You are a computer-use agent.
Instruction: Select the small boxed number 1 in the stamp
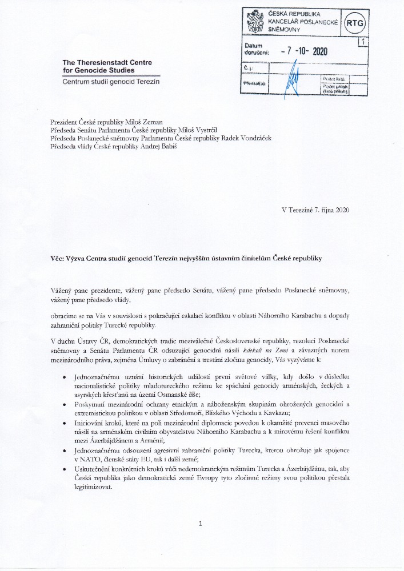click(x=362, y=41)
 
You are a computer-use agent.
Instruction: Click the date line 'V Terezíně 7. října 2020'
click(x=315, y=210)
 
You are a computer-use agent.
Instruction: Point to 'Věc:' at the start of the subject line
click(x=58, y=258)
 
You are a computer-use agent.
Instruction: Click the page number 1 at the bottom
click(x=201, y=523)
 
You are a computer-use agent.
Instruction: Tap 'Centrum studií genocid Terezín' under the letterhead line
click(x=111, y=82)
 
